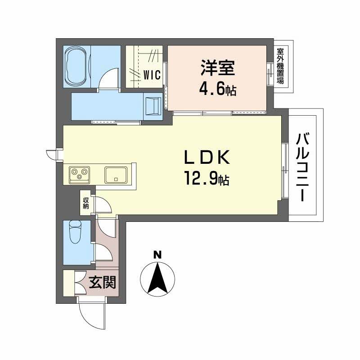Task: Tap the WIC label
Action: (152, 75)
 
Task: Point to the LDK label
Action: (207, 158)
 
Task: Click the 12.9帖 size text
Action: (207, 180)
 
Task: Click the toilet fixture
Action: (75, 233)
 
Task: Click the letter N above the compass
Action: (157, 255)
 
